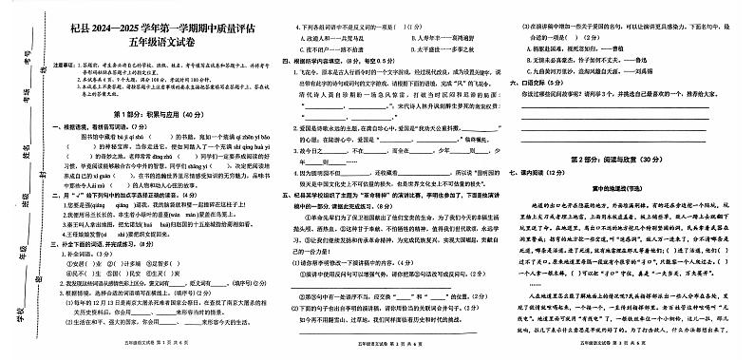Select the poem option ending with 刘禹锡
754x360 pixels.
(594, 70)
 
